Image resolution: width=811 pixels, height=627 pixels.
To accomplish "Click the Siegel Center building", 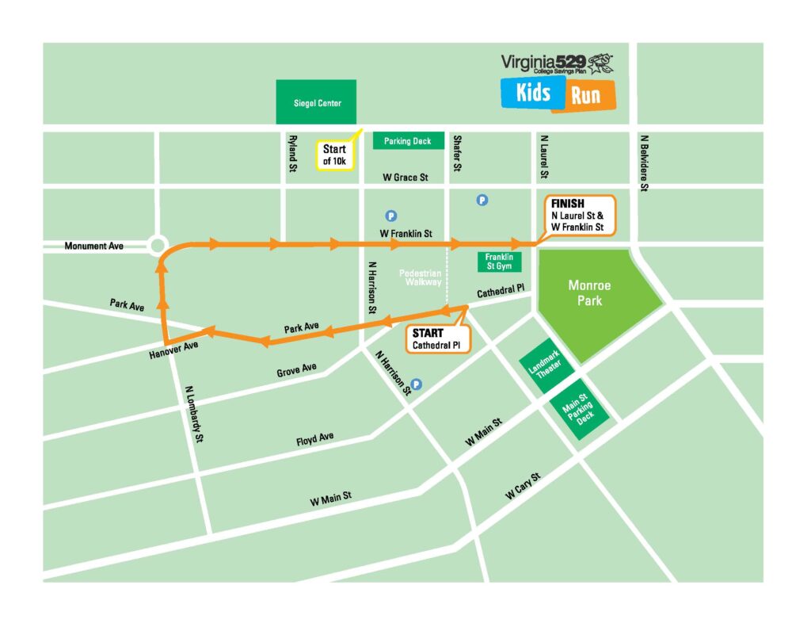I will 317,102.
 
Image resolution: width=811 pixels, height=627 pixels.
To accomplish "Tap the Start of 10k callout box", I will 334,155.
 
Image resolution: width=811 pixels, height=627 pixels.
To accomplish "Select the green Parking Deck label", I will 408,141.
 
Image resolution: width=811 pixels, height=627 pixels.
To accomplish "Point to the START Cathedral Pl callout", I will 438,338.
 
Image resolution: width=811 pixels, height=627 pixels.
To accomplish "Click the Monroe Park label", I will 589,293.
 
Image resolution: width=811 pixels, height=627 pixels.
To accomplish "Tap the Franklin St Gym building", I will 499,262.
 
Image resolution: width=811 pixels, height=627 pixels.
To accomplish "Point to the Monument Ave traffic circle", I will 157,246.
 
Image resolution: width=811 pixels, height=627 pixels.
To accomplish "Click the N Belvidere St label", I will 644,163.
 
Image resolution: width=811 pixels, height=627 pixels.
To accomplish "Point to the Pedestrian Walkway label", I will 421,277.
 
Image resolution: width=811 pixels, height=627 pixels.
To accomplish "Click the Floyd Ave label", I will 314,438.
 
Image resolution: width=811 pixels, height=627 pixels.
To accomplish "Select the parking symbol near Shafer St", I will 482,201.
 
